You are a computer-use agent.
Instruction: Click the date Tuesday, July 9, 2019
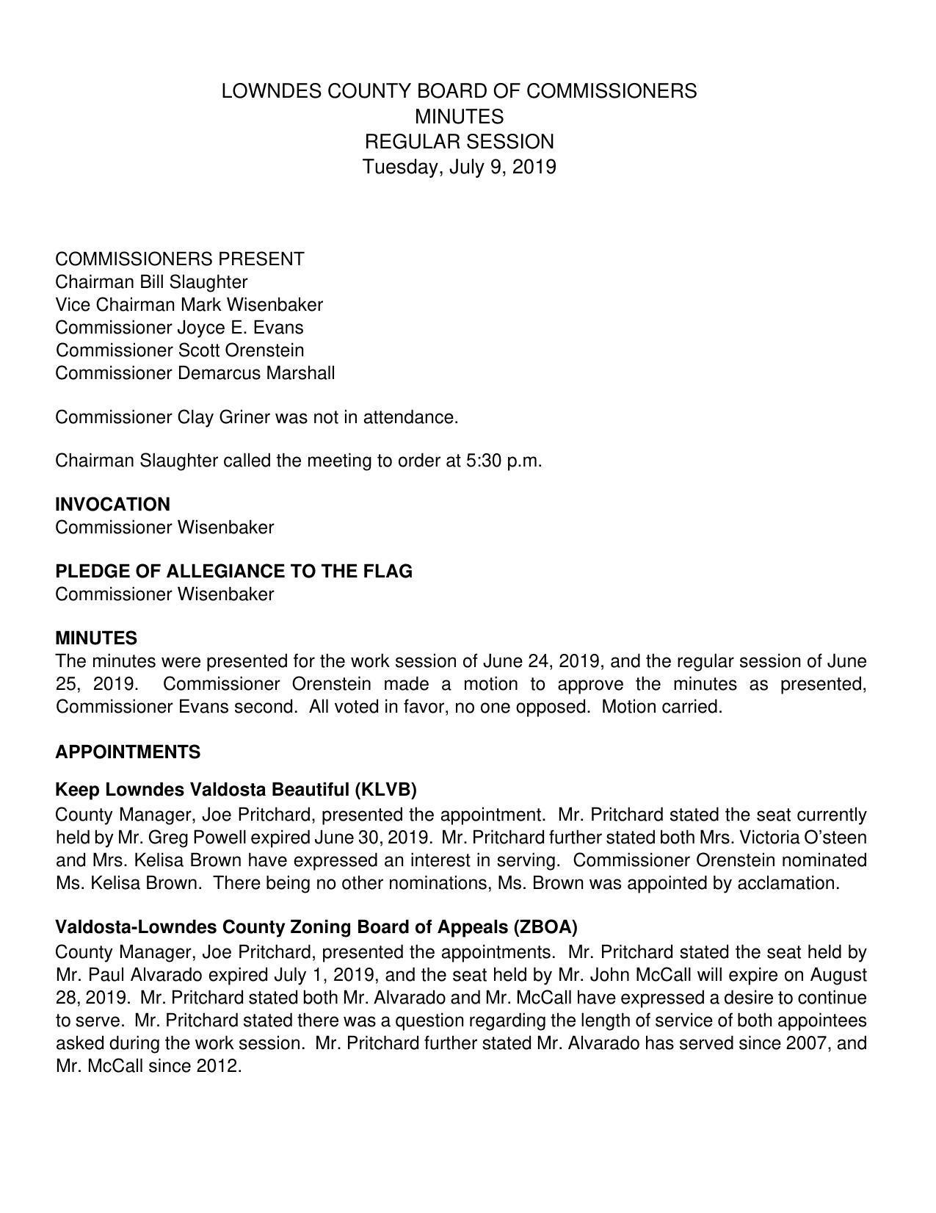tap(459, 167)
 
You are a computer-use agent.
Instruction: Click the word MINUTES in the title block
tap(459, 117)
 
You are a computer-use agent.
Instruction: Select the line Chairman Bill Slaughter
tap(151, 282)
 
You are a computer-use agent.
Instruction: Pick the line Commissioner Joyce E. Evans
tap(179, 328)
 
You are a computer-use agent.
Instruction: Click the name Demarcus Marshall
tap(255, 373)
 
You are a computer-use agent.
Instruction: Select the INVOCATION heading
tap(112, 505)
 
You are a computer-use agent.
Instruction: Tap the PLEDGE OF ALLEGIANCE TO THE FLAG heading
tap(233, 572)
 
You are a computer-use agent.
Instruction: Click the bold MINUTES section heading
tap(96, 638)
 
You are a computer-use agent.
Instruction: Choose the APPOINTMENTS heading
tap(128, 752)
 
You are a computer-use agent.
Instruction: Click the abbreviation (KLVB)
tap(385, 790)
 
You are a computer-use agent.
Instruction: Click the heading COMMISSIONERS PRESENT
tap(180, 259)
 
